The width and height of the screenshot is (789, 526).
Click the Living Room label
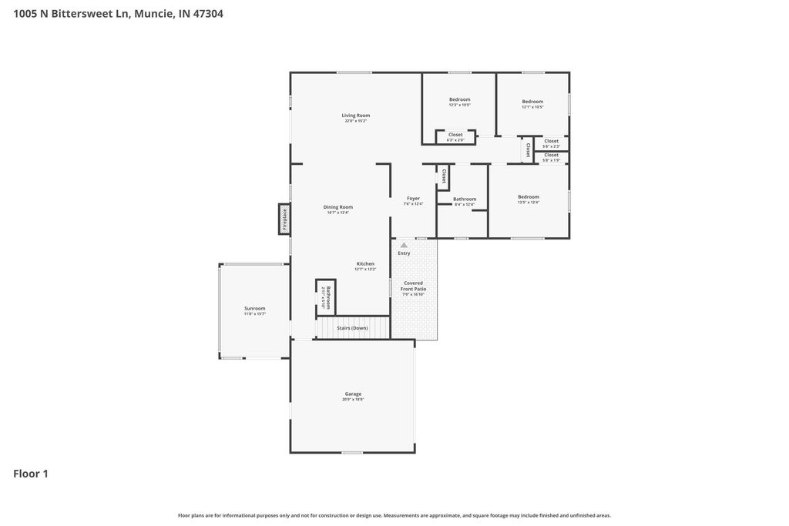tap(356, 116)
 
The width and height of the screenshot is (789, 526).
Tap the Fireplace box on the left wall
tap(284, 219)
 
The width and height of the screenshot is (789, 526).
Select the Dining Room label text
tap(337, 206)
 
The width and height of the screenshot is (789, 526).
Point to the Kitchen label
tap(364, 263)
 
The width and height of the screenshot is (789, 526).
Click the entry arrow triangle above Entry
tap(404, 245)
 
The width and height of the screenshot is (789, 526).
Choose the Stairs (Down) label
tap(352, 328)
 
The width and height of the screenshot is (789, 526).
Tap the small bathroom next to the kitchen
tap(327, 296)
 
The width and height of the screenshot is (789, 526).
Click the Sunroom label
tap(254, 308)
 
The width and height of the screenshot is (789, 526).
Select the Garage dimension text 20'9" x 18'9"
tap(353, 400)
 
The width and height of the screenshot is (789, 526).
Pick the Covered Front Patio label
tap(413, 286)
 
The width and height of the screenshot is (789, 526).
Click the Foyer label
tap(414, 198)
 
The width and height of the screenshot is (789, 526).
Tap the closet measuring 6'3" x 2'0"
tap(455, 137)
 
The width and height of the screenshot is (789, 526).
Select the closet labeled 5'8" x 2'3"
tap(552, 142)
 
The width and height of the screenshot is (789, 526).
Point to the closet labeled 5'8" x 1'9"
tap(552, 157)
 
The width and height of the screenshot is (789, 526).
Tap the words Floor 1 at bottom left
tap(31, 474)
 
